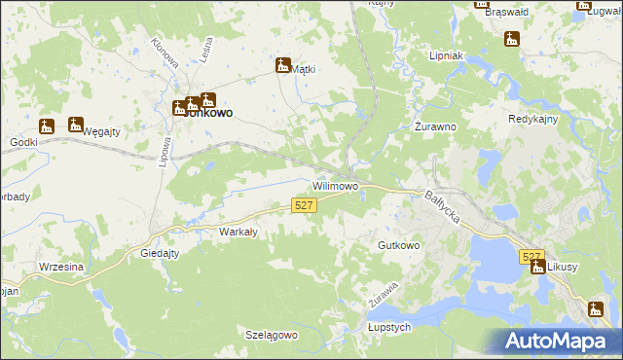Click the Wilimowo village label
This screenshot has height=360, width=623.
(x=336, y=185)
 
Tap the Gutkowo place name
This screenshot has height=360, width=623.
(x=399, y=246)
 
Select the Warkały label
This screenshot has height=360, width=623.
(x=238, y=232)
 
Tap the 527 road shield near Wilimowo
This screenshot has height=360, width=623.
(x=304, y=205)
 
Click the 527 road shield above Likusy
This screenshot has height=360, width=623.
(x=531, y=257)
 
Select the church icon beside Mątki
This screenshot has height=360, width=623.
(x=283, y=66)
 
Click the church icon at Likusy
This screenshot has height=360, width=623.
(x=538, y=267)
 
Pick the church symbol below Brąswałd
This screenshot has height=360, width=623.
(x=511, y=40)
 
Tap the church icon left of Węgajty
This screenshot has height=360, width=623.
(x=47, y=126)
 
